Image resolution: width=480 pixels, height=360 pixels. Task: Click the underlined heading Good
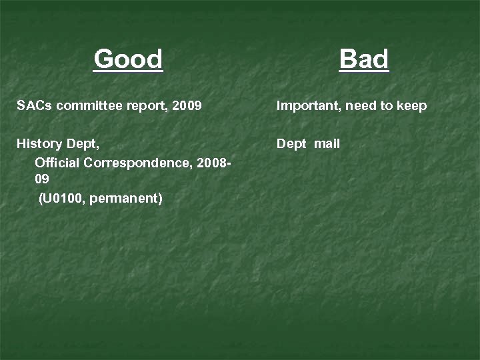[x=128, y=59]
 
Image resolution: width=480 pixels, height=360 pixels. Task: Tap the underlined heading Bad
[x=363, y=59]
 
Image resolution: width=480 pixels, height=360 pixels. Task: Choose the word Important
[x=307, y=106]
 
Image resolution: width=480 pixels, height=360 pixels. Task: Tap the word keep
[x=413, y=106]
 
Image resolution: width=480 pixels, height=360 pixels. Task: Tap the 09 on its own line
[x=41, y=180]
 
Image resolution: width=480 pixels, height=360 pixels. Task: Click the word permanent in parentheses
[x=127, y=199]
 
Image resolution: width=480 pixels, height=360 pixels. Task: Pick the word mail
[x=327, y=144]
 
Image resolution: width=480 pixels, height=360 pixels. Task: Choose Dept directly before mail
[x=291, y=144]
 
